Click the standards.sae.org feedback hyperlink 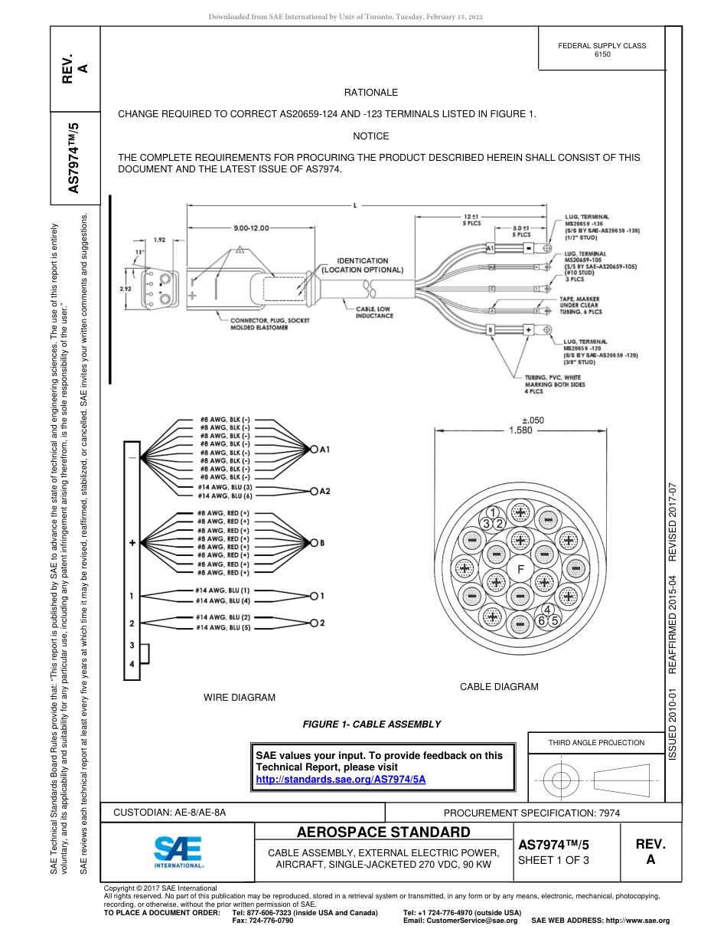click(341, 778)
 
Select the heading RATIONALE click(371, 93)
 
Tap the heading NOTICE click(371, 136)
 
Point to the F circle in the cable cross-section click(520, 569)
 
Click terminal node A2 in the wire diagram click(314, 491)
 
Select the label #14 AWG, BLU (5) click(223, 627)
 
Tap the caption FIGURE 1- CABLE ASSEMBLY click(372, 724)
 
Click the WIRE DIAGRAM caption click(239, 697)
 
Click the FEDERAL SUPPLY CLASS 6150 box click(601, 50)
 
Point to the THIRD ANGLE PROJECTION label click(596, 742)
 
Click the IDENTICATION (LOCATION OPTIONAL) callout click(362, 266)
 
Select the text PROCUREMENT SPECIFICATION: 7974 click(532, 813)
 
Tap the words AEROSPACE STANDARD click(383, 832)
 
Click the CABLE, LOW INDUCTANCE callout click(374, 312)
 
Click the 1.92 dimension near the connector click(159, 239)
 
